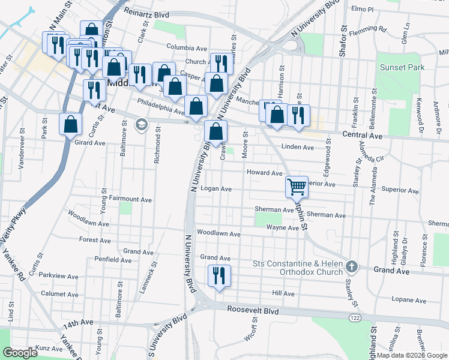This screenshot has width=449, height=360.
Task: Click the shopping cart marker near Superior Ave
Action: (297, 187)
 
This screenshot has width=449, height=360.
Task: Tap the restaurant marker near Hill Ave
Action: (218, 276)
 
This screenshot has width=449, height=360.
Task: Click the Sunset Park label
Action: (402, 67)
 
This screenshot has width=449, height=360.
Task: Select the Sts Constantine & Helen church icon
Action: (352, 266)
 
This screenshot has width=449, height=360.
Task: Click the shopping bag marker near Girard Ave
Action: (71, 124)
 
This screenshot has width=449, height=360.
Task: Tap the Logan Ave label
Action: (216, 188)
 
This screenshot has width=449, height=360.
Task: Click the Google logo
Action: (20, 353)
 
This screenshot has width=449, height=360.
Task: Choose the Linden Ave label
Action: (297, 147)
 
